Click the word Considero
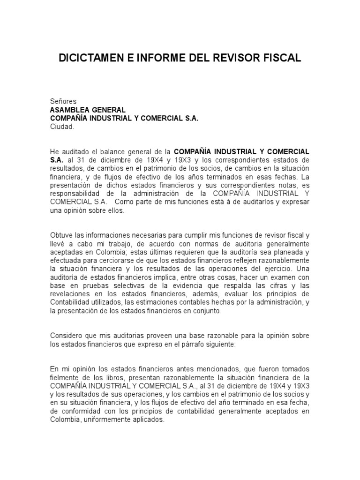coord(67,337)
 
